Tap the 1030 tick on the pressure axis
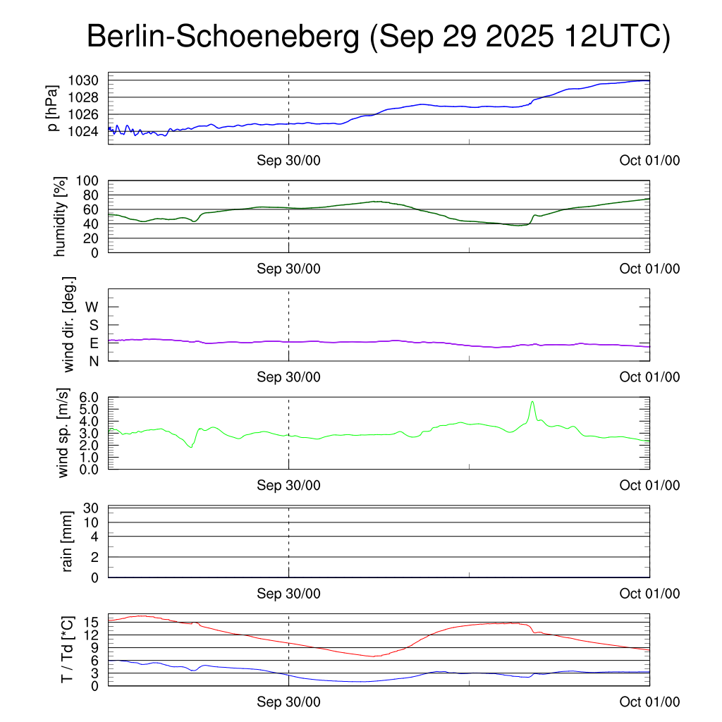(x=83, y=80)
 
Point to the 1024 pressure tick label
(x=83, y=131)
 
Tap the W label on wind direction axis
(x=92, y=307)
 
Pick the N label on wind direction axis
(x=92, y=360)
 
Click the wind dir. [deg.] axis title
(x=70, y=324)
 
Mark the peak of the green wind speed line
(x=532, y=401)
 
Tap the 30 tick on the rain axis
(x=91, y=508)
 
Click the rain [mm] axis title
(x=68, y=541)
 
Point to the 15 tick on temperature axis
(x=91, y=622)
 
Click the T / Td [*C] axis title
(x=67, y=649)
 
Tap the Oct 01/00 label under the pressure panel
(x=650, y=160)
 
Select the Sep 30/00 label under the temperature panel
(x=288, y=702)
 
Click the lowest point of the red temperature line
(x=373, y=656)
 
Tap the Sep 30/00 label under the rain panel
(x=288, y=594)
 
